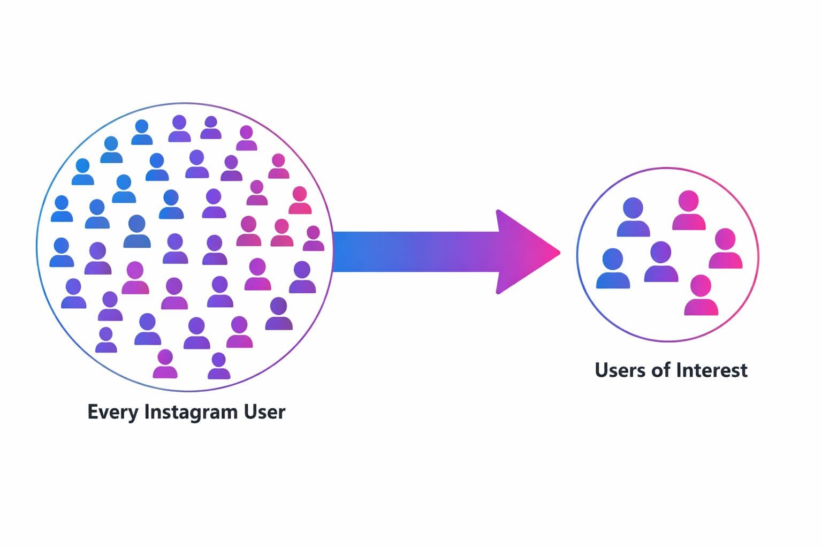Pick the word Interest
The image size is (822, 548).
711,370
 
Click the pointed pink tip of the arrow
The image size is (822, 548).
558,252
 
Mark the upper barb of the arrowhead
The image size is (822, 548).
499,214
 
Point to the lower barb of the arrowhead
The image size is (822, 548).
499,290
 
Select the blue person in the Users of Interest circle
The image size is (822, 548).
613,269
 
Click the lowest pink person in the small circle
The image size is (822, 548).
701,295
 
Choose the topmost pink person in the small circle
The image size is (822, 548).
689,210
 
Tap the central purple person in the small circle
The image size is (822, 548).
661,262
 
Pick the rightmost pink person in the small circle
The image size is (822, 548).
726,248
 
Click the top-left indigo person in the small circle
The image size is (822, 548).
633,217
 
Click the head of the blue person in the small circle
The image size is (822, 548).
613,260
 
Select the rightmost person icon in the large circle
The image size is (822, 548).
314,239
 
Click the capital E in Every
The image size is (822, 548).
92,412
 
